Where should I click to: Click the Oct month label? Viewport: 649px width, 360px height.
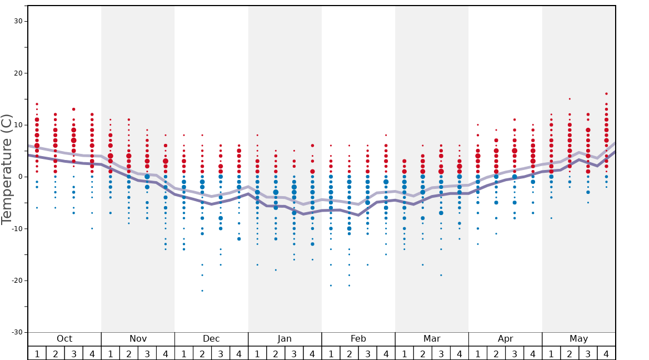(64, 339)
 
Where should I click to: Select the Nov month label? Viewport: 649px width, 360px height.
(138, 339)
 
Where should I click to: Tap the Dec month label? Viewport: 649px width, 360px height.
(211, 339)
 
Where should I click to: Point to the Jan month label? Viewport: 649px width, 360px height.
(284, 339)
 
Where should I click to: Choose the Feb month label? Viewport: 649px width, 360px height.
(358, 339)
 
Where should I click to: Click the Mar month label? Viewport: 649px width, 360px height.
(432, 339)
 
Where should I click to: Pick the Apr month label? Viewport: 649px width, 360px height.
(505, 339)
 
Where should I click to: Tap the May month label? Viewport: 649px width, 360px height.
(578, 339)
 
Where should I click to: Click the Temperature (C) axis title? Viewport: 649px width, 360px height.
(7, 169)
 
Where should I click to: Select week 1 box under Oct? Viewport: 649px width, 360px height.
(37, 353)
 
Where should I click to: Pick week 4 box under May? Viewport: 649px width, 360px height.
(606, 353)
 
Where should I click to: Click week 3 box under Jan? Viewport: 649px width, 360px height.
(294, 353)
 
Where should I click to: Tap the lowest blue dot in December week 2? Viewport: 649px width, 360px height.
(202, 291)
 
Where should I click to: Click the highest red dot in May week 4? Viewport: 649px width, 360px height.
(606, 94)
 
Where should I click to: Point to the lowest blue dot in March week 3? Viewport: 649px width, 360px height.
(441, 275)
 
